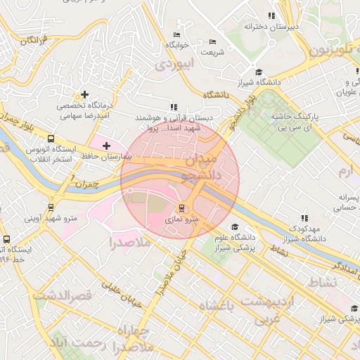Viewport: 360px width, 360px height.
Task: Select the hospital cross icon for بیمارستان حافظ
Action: point(106,146)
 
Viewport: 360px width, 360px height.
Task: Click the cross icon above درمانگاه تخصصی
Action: point(85,94)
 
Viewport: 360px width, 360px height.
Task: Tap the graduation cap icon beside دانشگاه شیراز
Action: point(258,72)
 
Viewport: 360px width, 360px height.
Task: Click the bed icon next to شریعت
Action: point(213,41)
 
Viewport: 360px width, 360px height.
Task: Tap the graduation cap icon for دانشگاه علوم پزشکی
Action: point(234,227)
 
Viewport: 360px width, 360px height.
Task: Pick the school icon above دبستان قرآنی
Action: point(173,107)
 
